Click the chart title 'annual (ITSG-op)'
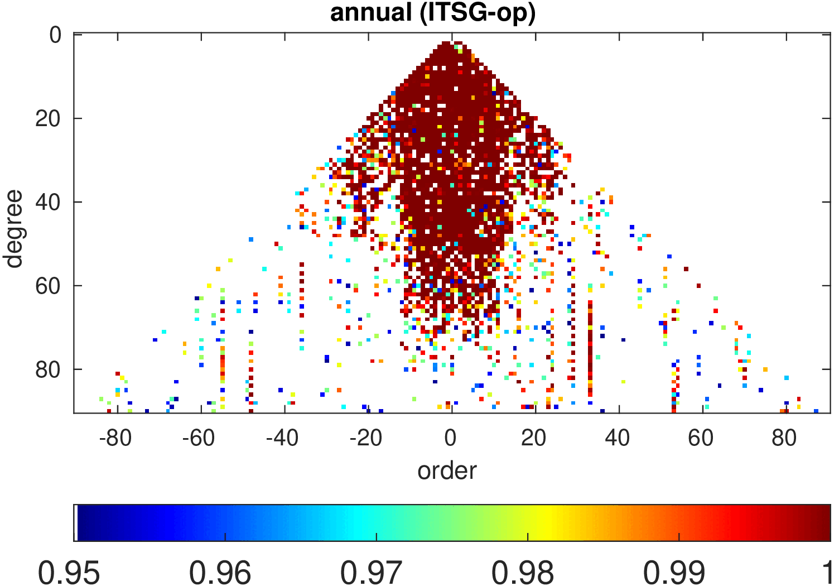(433, 12)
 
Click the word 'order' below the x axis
(447, 470)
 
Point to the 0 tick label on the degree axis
(55, 35)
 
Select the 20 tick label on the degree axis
(48, 118)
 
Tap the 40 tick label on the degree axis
(48, 202)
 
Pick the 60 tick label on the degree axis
(48, 286)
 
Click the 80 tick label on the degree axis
(48, 369)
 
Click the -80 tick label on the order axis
(115, 438)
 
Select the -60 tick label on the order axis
(199, 438)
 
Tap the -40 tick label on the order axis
(282, 438)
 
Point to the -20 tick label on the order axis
(366, 438)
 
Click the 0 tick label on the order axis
(451, 438)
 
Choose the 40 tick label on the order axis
(618, 438)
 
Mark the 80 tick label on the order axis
(784, 438)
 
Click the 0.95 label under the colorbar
(69, 572)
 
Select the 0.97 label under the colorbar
(372, 572)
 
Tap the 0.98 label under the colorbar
(523, 572)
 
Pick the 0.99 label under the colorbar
(674, 572)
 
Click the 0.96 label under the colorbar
(220, 572)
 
